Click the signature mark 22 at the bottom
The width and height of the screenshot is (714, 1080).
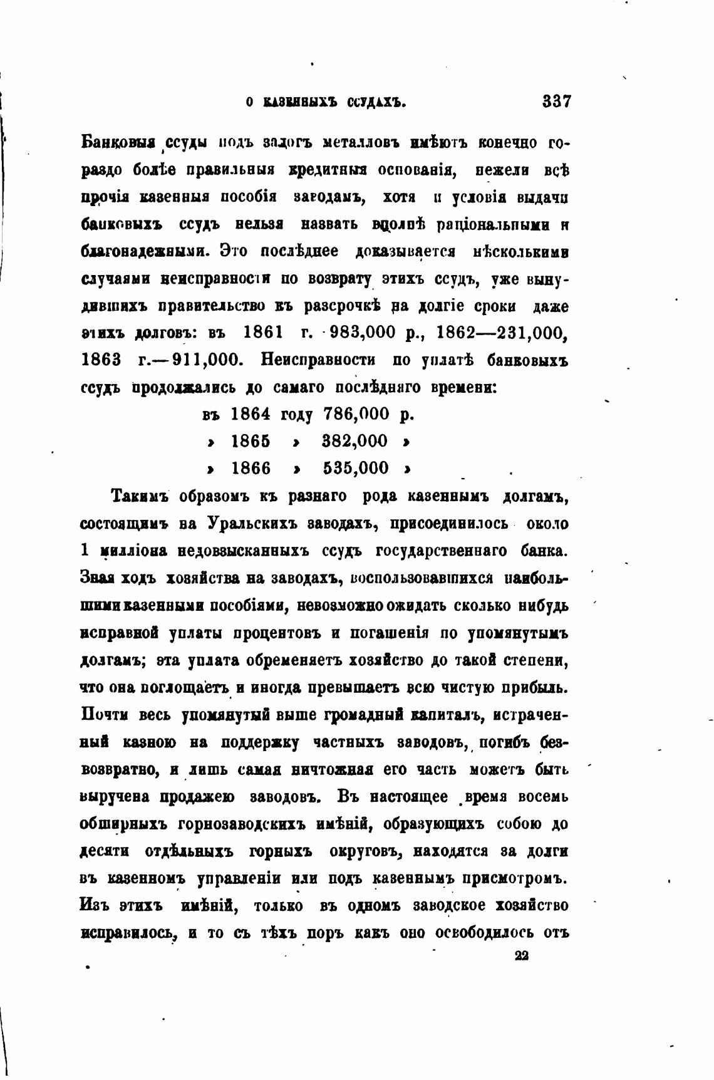[521, 956]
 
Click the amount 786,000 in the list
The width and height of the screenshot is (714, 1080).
[356, 414]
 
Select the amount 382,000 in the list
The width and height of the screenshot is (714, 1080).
[354, 441]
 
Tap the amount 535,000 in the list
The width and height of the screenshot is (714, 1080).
[356, 468]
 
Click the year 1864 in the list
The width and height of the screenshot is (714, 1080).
[251, 414]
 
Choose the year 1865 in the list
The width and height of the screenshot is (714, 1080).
[251, 441]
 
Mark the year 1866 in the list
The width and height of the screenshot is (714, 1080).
[251, 468]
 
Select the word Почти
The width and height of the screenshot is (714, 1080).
[106, 715]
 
